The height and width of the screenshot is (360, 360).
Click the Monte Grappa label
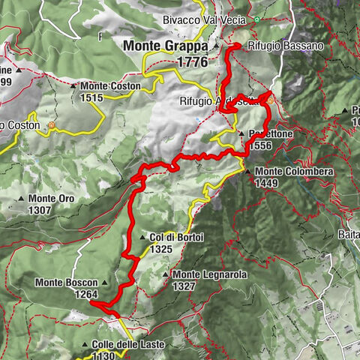pyautogui.click(x=165, y=46)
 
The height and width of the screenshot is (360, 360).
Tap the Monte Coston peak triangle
pyautogui.click(x=73, y=86)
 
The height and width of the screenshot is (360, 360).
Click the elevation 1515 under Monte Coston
pyautogui.click(x=93, y=97)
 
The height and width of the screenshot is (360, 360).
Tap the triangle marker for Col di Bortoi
pyautogui.click(x=142, y=236)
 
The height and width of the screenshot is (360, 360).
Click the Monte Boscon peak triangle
pyautogui.click(x=104, y=283)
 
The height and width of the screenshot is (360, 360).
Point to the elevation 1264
pyautogui.click(x=86, y=294)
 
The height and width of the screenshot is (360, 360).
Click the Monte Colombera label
pyautogui.click(x=295, y=172)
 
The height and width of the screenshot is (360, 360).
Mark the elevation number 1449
pyautogui.click(x=269, y=182)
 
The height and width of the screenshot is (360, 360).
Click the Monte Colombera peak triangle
pyautogui.click(x=248, y=172)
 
